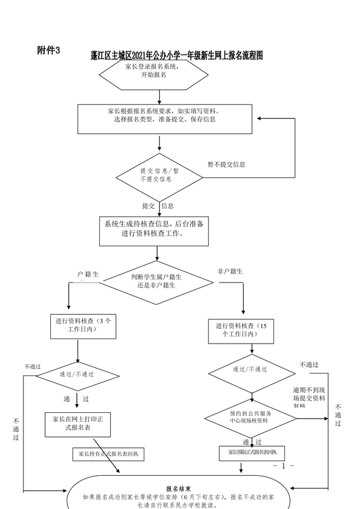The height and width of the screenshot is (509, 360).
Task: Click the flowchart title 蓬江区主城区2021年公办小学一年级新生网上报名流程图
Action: pyautogui.click(x=176, y=57)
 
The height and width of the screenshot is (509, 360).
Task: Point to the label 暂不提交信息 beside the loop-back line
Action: pyautogui.click(x=226, y=164)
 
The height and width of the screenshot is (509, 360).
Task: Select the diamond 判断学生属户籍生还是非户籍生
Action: pyautogui.click(x=157, y=281)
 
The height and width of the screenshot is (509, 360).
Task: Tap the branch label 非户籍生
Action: pyautogui.click(x=230, y=272)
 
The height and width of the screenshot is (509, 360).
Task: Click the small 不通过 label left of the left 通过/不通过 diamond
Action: pyautogui.click(x=32, y=366)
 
